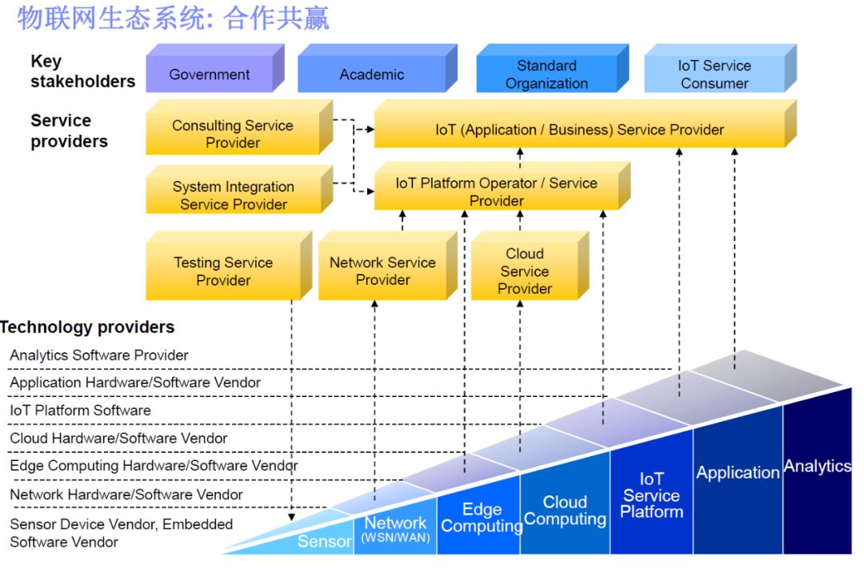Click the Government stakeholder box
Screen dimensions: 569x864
pyautogui.click(x=210, y=74)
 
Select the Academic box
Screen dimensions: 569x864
pyautogui.click(x=372, y=74)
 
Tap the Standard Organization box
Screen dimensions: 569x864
pyautogui.click(x=547, y=74)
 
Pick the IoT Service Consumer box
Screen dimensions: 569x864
pyautogui.click(x=714, y=74)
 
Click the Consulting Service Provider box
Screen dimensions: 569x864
pyautogui.click(x=233, y=134)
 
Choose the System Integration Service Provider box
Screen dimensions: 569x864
pyautogui.click(x=234, y=195)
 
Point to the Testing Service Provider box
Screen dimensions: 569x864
pyautogui.click(x=224, y=271)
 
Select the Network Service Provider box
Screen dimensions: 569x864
pyautogui.click(x=382, y=271)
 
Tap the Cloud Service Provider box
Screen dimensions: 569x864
pyautogui.click(x=525, y=271)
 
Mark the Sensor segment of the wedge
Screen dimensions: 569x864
pyautogui.click(x=324, y=541)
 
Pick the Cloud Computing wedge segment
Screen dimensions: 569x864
pyautogui.click(x=565, y=511)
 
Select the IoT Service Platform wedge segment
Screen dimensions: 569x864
pyautogui.click(x=651, y=496)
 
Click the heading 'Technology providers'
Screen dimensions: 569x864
pyautogui.click(x=87, y=327)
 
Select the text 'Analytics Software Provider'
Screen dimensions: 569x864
pyautogui.click(x=99, y=355)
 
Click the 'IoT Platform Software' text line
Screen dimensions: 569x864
pyautogui.click(x=80, y=411)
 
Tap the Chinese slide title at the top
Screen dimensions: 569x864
pyautogui.click(x=173, y=18)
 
